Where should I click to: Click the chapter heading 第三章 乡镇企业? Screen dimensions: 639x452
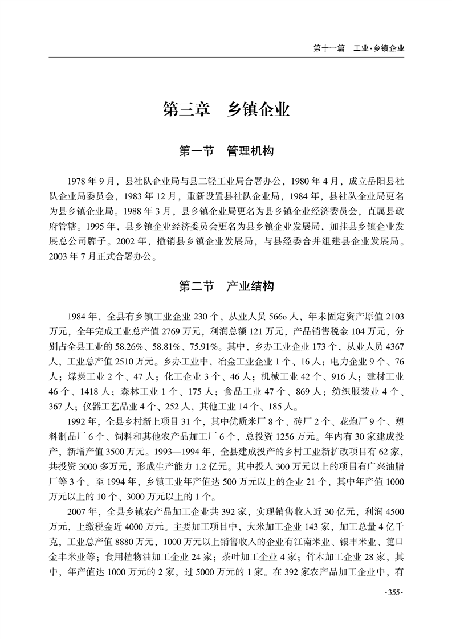[226, 108]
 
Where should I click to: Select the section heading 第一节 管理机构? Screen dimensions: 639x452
[226, 151]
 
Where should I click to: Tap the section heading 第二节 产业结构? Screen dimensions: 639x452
[226, 286]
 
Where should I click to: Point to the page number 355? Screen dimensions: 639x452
[394, 593]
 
